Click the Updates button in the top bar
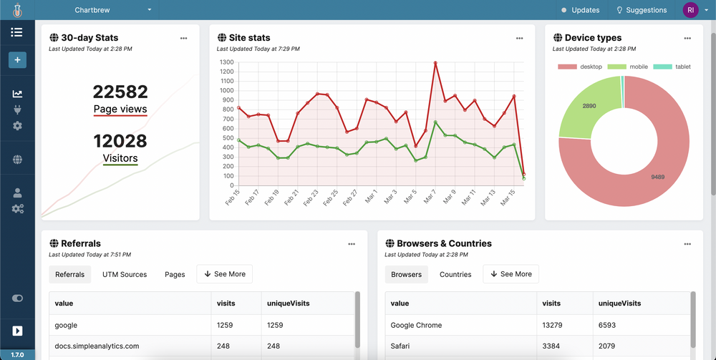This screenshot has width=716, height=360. [x=581, y=10]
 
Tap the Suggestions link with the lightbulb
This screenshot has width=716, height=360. [x=642, y=10]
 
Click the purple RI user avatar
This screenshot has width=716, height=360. [x=690, y=10]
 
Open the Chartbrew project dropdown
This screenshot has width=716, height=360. [x=113, y=10]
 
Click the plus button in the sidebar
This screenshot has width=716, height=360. [x=17, y=59]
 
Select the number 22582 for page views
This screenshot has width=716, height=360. [x=120, y=92]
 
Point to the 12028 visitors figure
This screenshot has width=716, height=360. [x=120, y=141]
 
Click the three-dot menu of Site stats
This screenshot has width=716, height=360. [x=520, y=38]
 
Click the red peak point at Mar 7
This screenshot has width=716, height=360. [x=435, y=63]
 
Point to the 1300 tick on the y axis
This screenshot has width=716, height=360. [x=226, y=62]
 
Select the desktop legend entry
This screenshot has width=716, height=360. [x=580, y=67]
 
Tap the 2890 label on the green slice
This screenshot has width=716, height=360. [x=589, y=105]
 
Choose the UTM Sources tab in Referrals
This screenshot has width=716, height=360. [x=125, y=274]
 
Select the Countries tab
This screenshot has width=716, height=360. [x=455, y=274]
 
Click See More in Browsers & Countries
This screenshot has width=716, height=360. [x=511, y=274]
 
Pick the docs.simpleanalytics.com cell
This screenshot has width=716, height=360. [x=97, y=346]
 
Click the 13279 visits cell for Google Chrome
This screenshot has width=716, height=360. [x=552, y=325]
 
